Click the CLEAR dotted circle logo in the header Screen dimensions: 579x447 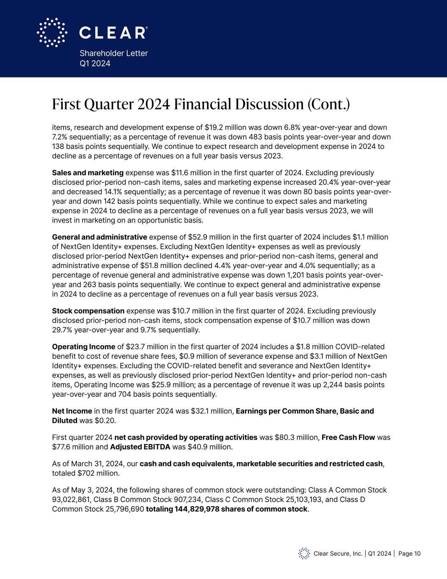[52, 32]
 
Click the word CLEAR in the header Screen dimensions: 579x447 [113, 33]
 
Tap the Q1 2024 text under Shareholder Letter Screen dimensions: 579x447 [95, 64]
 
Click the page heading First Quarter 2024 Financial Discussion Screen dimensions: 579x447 [201, 104]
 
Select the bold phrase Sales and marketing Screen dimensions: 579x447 [88, 173]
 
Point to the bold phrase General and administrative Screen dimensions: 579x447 [100, 237]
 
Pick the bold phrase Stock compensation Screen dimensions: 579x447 [88, 311]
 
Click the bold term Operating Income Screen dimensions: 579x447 [83, 347]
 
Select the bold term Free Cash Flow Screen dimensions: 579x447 [348, 437]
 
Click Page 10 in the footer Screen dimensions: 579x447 [409, 554]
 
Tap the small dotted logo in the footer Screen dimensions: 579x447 [304, 554]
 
